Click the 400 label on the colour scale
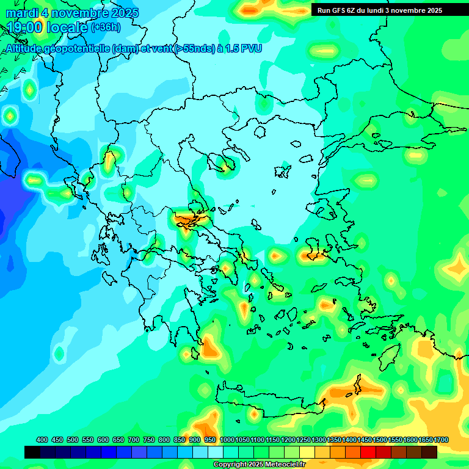tap(42, 440)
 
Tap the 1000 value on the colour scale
tap(227, 440)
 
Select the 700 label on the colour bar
tap(134, 440)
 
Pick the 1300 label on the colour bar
tap(319, 440)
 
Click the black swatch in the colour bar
tap(32, 452)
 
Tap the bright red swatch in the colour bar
tap(368, 452)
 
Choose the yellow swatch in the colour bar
tap(307, 452)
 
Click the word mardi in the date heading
tap(24, 13)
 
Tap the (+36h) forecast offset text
tap(106, 27)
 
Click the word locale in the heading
tap(70, 27)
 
